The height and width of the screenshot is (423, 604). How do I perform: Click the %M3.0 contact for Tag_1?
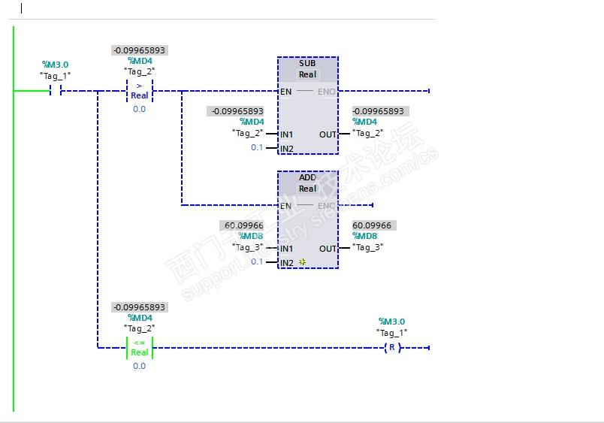tap(56, 91)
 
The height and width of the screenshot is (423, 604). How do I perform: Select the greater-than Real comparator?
tap(140, 91)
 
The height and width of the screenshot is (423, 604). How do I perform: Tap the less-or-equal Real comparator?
tap(140, 347)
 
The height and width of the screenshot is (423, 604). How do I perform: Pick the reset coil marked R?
tap(391, 347)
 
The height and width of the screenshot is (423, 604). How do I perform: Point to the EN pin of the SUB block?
tap(285, 92)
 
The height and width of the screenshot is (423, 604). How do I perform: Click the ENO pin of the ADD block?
tap(326, 206)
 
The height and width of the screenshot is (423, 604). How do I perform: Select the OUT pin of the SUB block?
tap(328, 134)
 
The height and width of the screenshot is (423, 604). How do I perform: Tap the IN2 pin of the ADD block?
tap(287, 262)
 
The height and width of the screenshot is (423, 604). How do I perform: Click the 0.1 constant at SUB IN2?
tap(257, 147)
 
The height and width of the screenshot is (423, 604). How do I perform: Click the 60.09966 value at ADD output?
tap(372, 225)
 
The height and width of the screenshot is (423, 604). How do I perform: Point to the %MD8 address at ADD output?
tap(366, 236)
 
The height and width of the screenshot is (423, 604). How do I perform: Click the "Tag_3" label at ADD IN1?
tap(248, 247)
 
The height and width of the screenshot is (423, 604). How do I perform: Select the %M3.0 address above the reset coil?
tap(391, 322)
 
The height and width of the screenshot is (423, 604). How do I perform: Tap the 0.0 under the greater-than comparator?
tap(140, 109)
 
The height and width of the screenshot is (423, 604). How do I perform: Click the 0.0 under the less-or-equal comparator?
tap(140, 366)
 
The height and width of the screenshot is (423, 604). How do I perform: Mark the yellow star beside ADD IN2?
tap(302, 262)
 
